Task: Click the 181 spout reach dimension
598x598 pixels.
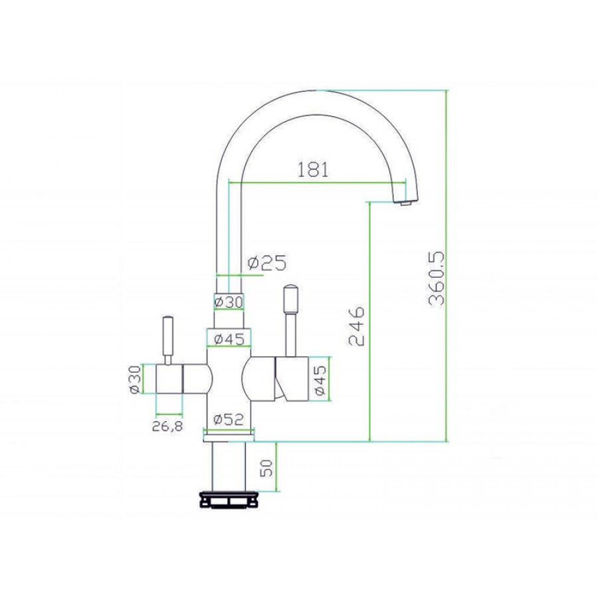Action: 312,169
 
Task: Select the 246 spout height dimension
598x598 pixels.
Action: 357,326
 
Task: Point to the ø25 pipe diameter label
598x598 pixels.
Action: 266,264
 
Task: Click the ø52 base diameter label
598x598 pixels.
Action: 229,419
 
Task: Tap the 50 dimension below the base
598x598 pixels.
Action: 266,468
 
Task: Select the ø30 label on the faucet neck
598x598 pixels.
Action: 229,302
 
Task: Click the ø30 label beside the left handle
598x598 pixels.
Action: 136,380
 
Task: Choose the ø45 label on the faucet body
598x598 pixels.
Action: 229,340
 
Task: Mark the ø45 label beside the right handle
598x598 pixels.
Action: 320,381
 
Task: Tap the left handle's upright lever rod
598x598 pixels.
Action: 169,339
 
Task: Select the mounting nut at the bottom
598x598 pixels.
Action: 229,500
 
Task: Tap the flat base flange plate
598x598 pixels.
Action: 229,435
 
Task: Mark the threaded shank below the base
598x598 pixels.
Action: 228,465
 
